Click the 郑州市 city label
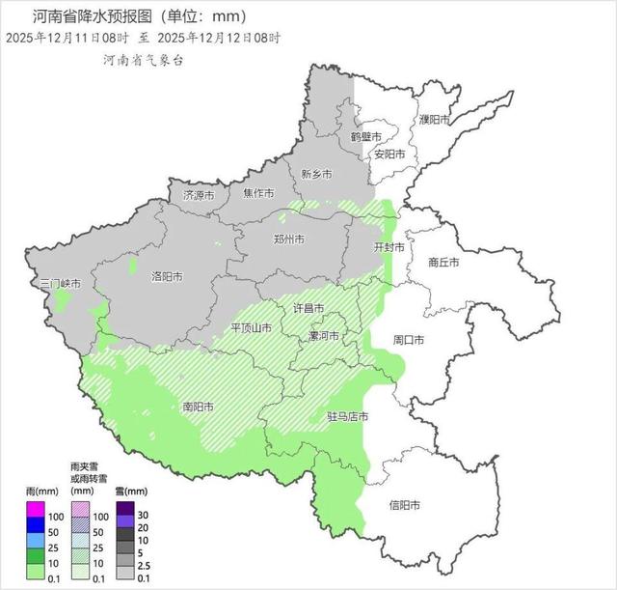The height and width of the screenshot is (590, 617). click(289, 239)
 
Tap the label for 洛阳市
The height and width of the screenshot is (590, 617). click(168, 276)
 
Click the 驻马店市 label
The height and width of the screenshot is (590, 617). click(348, 417)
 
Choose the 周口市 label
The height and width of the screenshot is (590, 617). click(409, 341)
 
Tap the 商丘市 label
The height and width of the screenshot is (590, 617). click(443, 262)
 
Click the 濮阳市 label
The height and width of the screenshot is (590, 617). click(435, 119)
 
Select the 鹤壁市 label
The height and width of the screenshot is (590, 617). click(366, 137)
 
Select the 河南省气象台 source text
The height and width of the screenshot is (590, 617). click(144, 60)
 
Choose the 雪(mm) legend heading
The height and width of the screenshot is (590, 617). click(131, 491)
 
